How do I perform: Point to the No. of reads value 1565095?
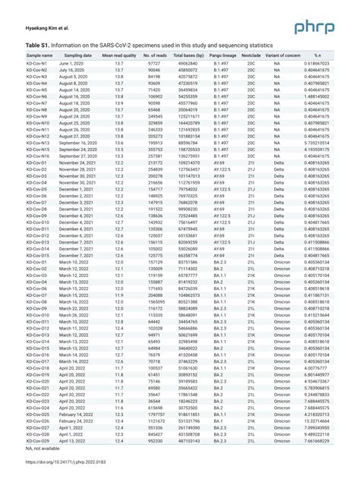[155, 302]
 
